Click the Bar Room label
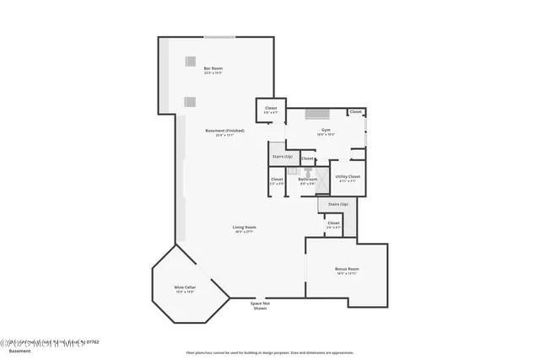213,70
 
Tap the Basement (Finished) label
219,132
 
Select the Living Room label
244,228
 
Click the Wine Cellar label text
186,289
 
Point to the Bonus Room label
347,271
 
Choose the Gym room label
326,132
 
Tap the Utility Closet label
347,178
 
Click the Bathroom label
307,180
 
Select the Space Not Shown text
260,305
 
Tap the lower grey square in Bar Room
189,101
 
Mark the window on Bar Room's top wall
219,36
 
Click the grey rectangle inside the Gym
317,115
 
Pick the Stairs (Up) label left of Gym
281,156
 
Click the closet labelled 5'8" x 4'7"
271,110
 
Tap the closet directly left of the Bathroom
277,180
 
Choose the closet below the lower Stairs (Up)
333,224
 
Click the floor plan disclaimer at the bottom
270,352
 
